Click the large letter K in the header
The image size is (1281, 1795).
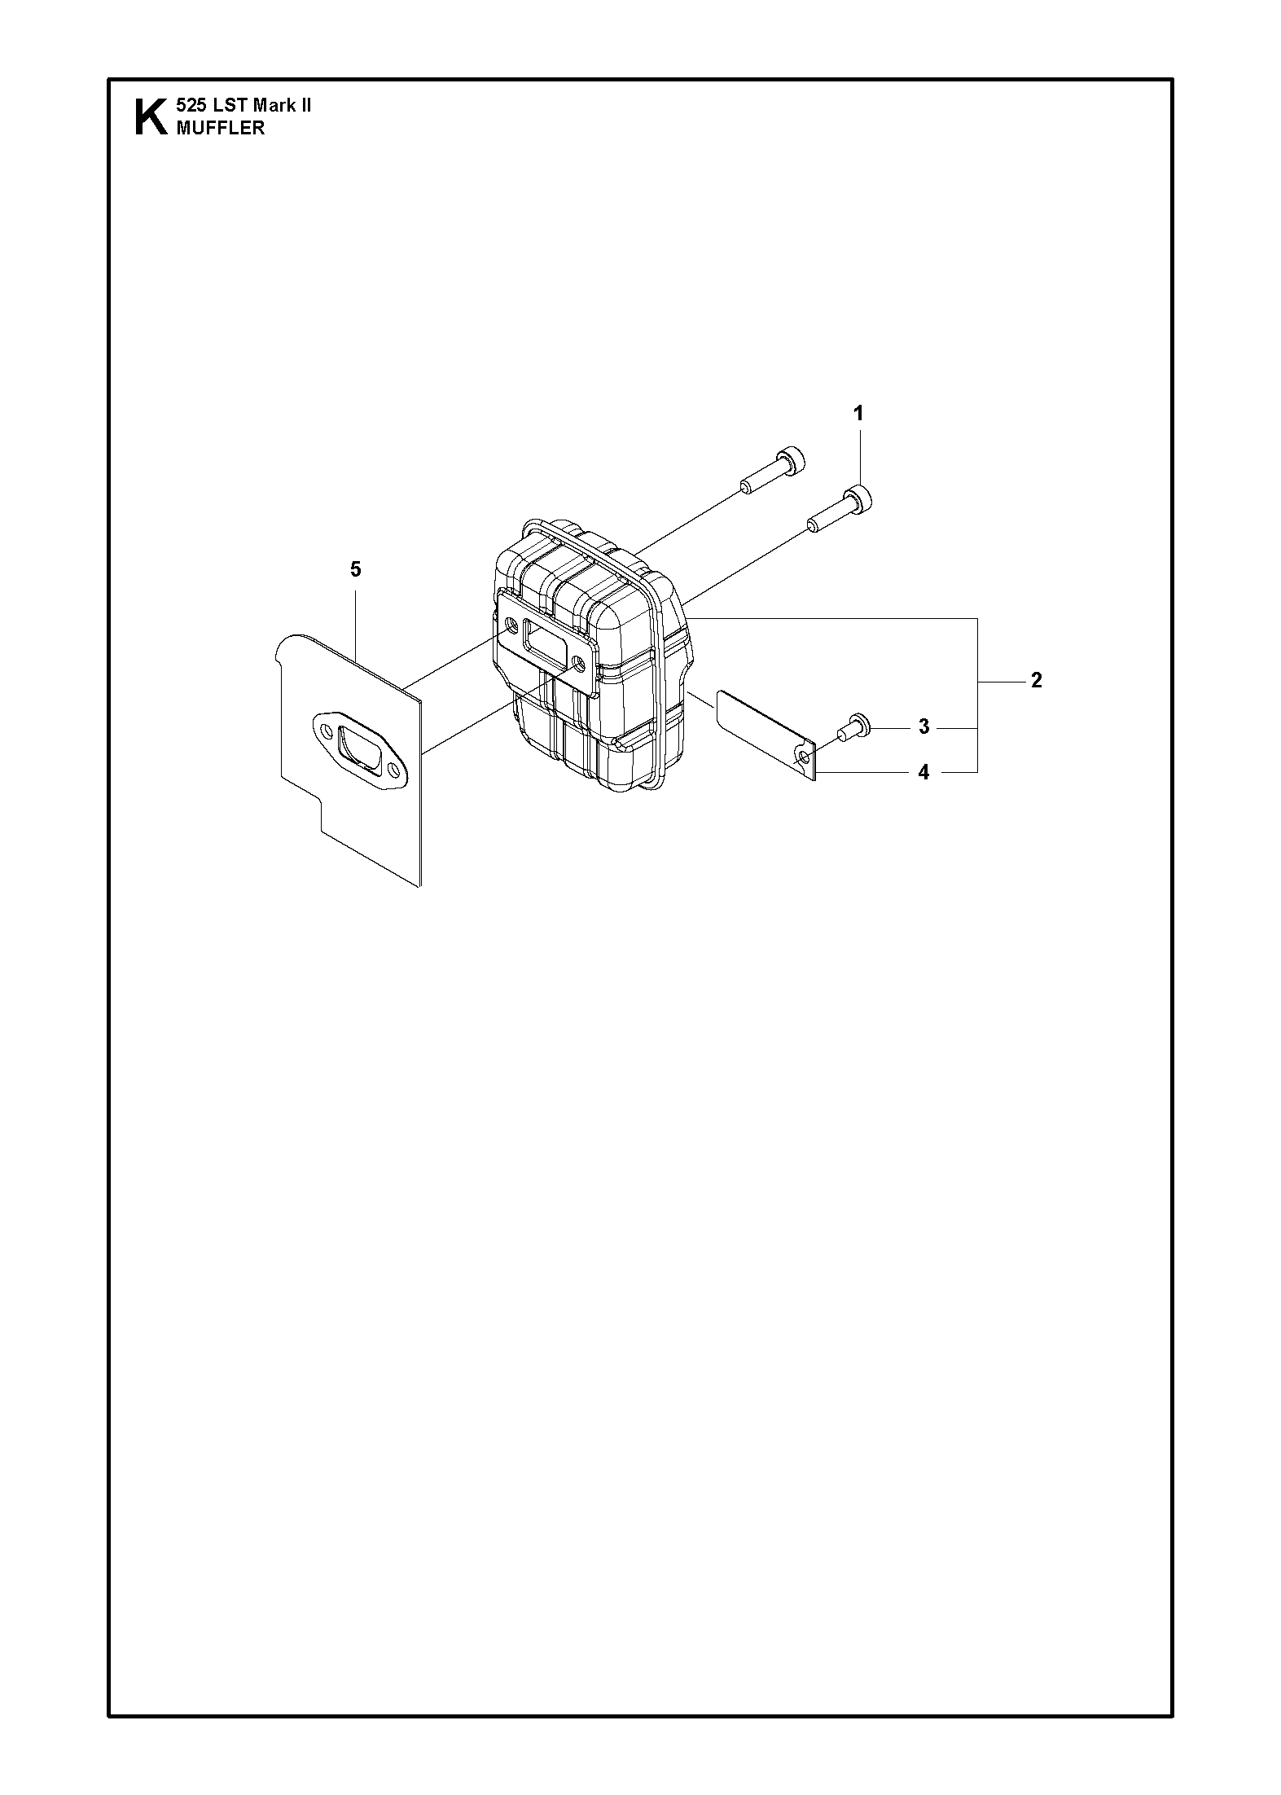[x=151, y=116]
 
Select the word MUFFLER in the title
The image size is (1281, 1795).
[x=220, y=128]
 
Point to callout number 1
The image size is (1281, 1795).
[x=858, y=414]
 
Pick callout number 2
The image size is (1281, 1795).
[x=1036, y=680]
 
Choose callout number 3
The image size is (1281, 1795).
[x=923, y=726]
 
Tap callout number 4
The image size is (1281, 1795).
[x=923, y=772]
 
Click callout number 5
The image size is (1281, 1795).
[x=355, y=569]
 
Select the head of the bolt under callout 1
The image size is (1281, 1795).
[x=859, y=497]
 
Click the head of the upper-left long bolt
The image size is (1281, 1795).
[x=792, y=460]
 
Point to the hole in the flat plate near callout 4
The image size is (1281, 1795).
[x=805, y=758]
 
